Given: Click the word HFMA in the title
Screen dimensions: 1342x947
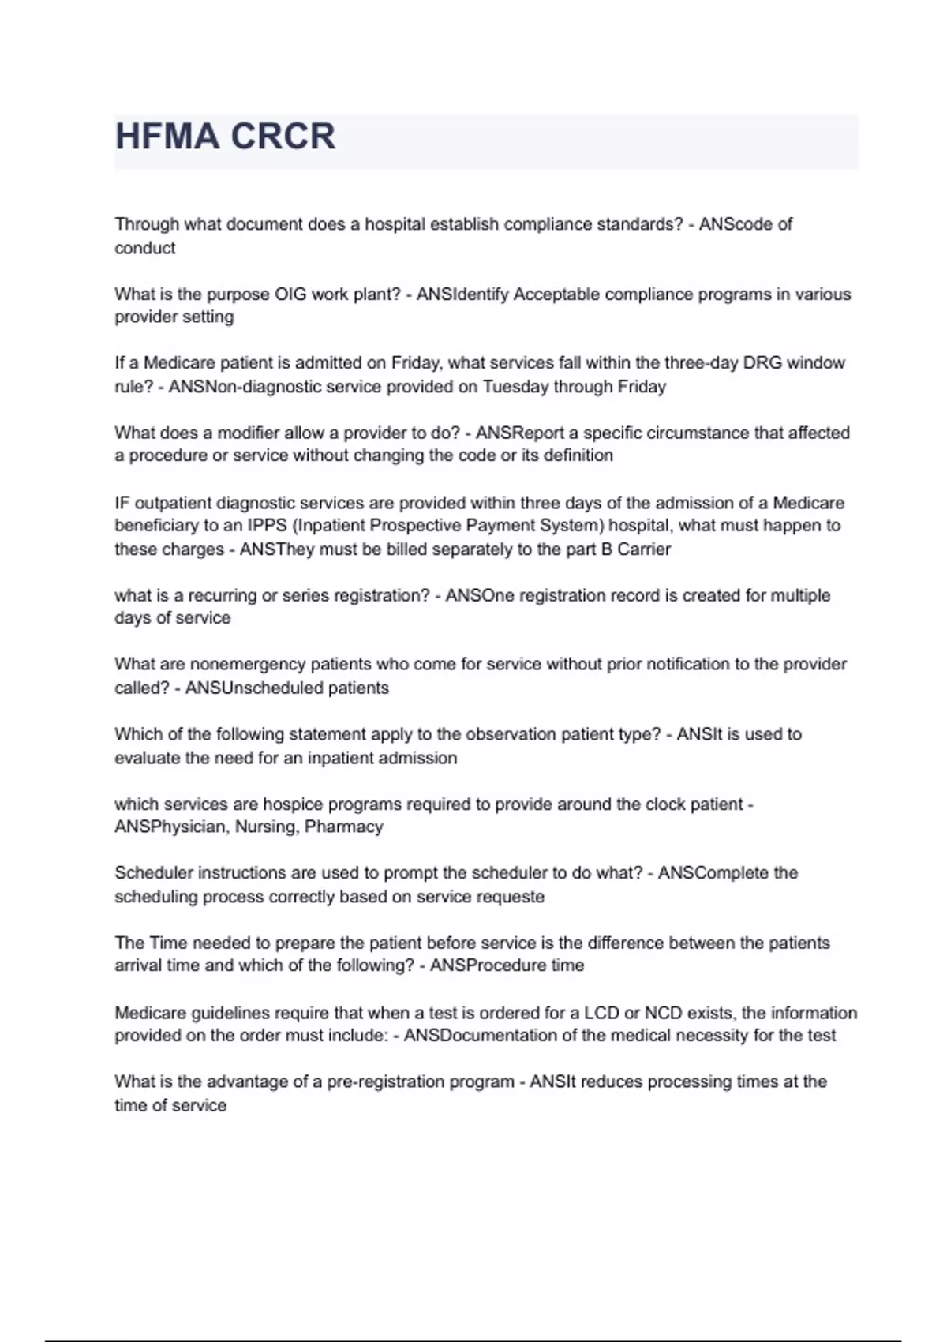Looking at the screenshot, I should tap(167, 136).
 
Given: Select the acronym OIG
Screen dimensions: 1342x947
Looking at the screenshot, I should tap(290, 294).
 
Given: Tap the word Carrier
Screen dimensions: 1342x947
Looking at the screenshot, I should tap(643, 549).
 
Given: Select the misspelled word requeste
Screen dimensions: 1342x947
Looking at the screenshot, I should tap(511, 897).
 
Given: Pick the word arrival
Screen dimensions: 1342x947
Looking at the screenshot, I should tap(138, 965).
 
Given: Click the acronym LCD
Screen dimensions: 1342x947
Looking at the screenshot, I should tap(601, 1013).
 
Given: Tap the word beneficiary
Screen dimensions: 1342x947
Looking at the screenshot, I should tap(155, 526).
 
